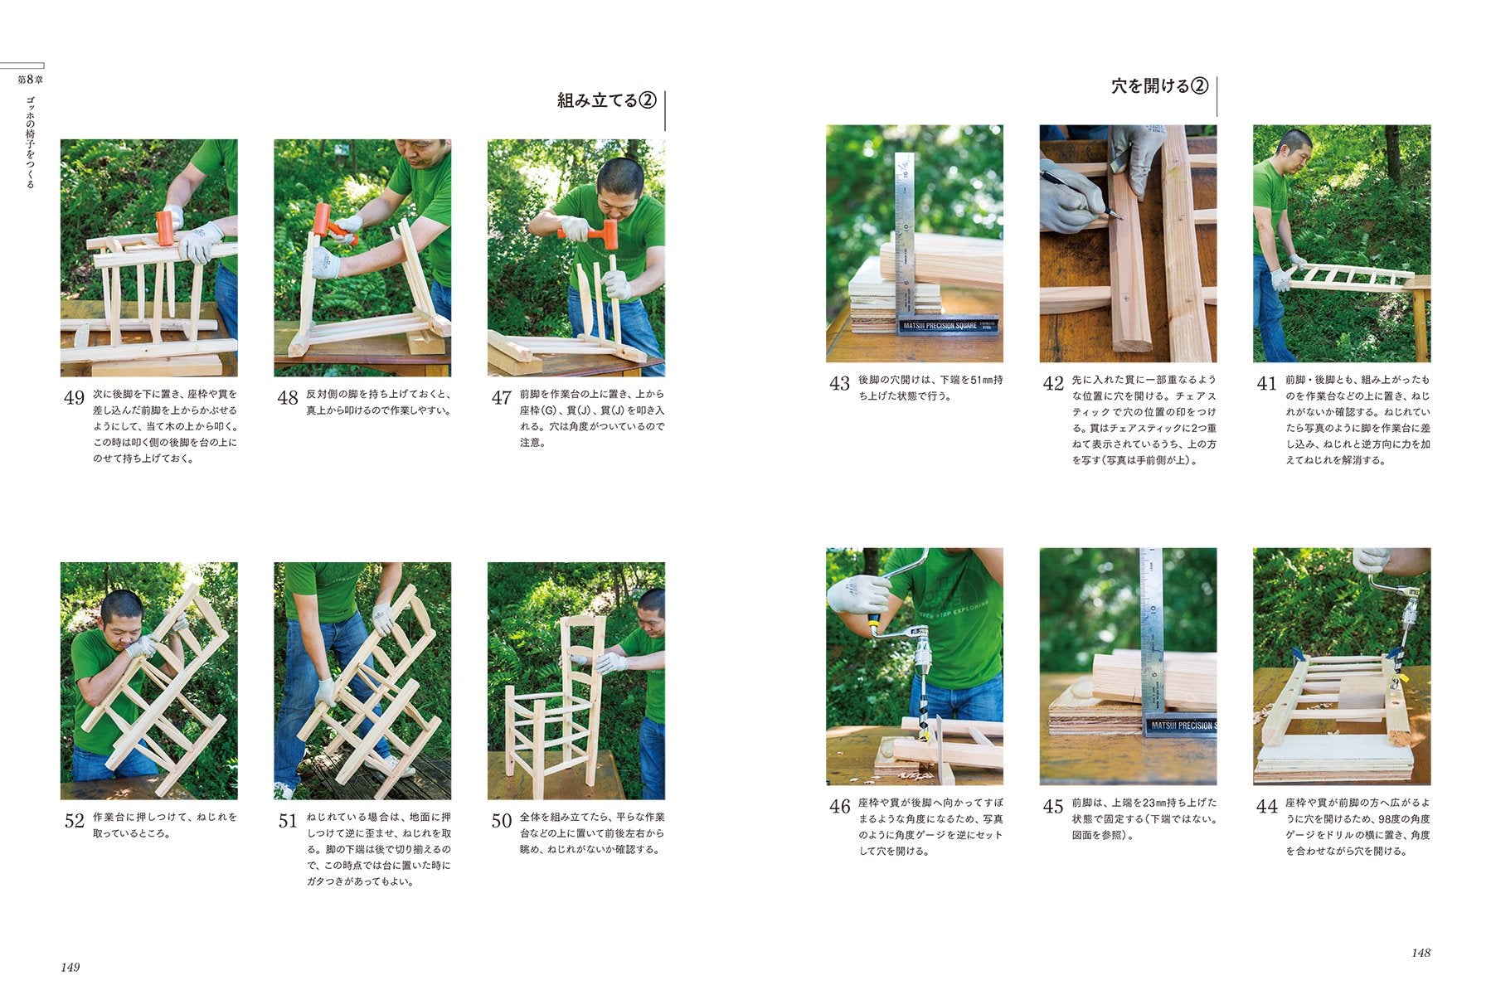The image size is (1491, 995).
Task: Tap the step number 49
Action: click(x=74, y=398)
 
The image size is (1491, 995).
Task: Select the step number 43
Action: click(x=839, y=384)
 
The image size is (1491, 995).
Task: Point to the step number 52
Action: click(x=74, y=821)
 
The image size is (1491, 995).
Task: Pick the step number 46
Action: click(x=839, y=807)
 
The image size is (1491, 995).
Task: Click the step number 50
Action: click(x=501, y=821)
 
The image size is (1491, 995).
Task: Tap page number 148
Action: click(x=1421, y=953)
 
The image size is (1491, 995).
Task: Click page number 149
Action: click(x=70, y=967)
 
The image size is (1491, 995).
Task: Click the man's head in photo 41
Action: click(x=1294, y=149)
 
